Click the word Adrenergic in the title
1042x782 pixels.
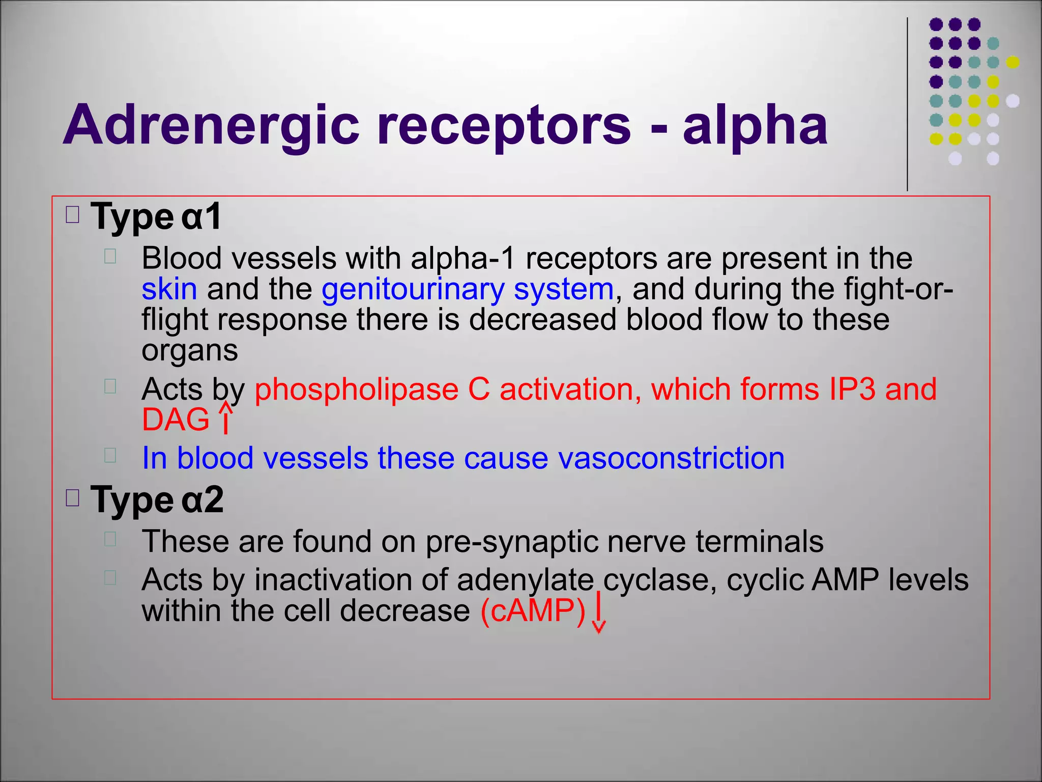coord(211,125)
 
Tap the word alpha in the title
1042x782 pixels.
coord(755,125)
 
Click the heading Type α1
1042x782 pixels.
coord(156,217)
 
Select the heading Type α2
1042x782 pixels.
coord(157,500)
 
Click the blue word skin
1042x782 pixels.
coord(169,289)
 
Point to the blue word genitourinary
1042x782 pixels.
coord(413,289)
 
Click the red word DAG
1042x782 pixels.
coord(176,420)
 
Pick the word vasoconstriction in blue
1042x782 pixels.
coord(671,458)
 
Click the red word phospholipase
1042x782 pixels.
coord(356,389)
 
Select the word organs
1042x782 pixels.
coord(189,351)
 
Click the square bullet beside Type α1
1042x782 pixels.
coord(73,215)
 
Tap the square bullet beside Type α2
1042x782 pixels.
coord(73,498)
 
